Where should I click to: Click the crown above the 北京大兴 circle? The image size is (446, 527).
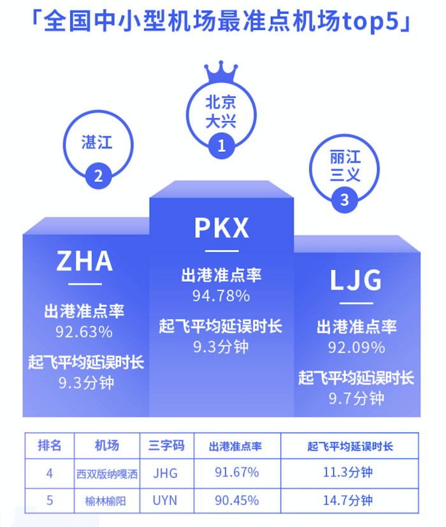pyautogui.click(x=221, y=72)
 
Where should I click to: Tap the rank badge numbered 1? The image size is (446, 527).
pyautogui.click(x=222, y=146)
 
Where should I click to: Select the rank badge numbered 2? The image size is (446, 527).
pyautogui.click(x=98, y=176)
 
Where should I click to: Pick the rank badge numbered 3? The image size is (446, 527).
pyautogui.click(x=344, y=200)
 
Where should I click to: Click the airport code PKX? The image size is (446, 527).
pyautogui.click(x=222, y=228)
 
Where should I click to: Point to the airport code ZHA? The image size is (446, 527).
pyautogui.click(x=85, y=261)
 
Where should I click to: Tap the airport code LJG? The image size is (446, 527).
pyautogui.click(x=356, y=280)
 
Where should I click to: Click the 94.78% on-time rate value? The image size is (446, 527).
pyautogui.click(x=221, y=296)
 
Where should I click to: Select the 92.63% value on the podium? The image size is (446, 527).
pyautogui.click(x=84, y=332)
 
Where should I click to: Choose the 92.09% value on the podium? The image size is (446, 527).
pyautogui.click(x=356, y=348)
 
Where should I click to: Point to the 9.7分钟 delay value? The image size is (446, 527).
pyautogui.click(x=356, y=399)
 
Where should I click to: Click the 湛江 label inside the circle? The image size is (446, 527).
pyautogui.click(x=97, y=142)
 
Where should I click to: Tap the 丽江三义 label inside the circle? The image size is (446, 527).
pyautogui.click(x=345, y=166)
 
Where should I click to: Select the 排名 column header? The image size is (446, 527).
pyautogui.click(x=49, y=445)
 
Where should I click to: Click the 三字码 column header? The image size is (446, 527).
pyautogui.click(x=166, y=445)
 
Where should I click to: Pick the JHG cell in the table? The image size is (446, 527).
pyautogui.click(x=165, y=473)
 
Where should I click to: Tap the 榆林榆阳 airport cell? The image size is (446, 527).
pyautogui.click(x=105, y=501)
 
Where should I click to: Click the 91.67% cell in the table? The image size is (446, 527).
pyautogui.click(x=237, y=473)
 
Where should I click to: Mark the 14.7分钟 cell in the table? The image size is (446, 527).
pyautogui.click(x=348, y=500)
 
